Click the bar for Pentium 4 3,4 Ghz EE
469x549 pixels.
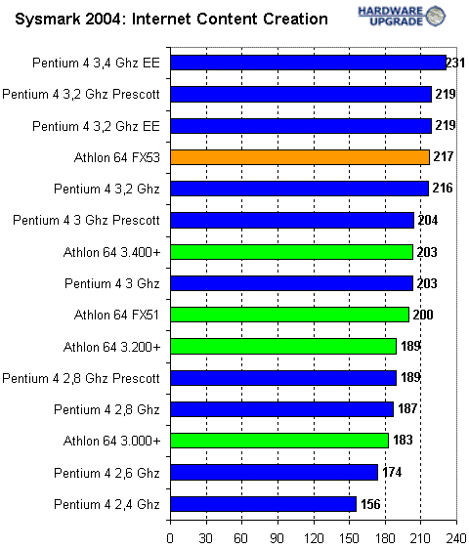point(308,63)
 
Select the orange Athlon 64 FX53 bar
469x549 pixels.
point(300,156)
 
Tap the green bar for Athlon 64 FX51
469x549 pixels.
point(289,315)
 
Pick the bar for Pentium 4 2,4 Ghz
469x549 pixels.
point(263,504)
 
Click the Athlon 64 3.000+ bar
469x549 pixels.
point(279,441)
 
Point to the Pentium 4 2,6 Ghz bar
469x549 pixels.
point(274,472)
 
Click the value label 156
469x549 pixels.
point(369,504)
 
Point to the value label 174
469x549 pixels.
point(391,472)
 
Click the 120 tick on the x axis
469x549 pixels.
point(314,536)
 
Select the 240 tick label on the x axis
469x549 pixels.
point(457,536)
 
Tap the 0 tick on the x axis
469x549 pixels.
point(170,536)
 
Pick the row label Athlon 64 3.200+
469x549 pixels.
point(111,346)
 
